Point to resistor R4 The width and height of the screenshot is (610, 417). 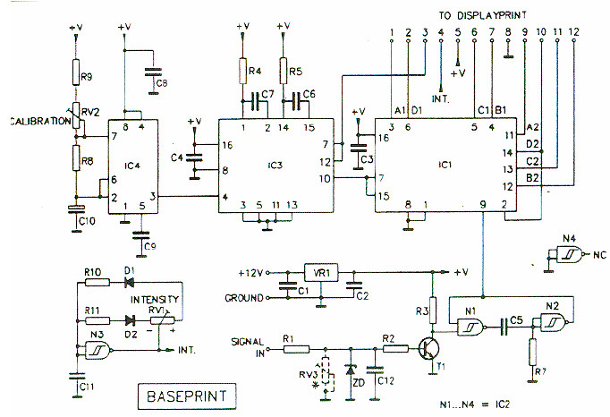pos(242,70)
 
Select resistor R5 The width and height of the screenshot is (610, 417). pos(284,70)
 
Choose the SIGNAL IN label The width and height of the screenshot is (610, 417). pos(248,345)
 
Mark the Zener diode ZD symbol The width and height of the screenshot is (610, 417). pos(350,368)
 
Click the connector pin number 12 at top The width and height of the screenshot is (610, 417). pos(572,32)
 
